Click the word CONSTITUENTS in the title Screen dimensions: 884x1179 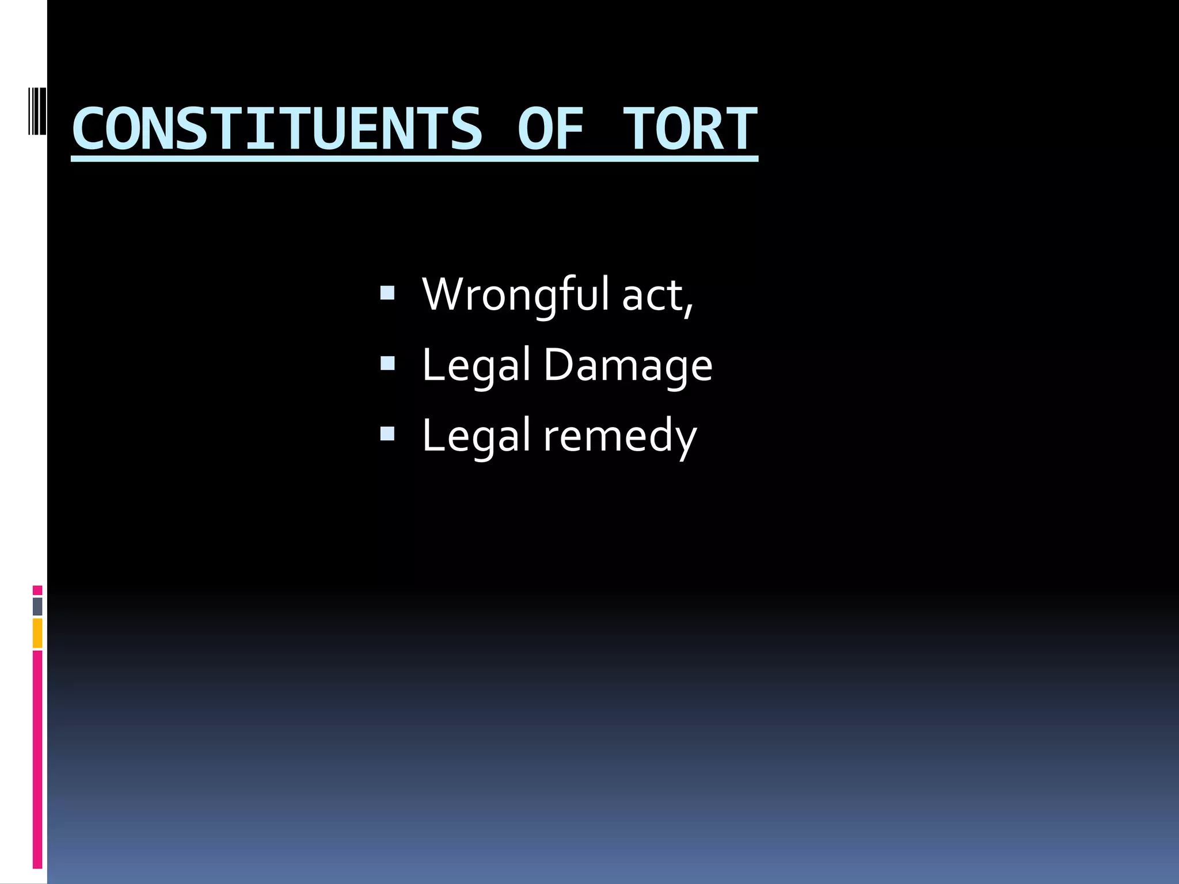coord(277,129)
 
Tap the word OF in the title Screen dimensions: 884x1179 coord(550,129)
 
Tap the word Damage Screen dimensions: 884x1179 coord(628,365)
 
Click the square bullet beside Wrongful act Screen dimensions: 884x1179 coord(387,294)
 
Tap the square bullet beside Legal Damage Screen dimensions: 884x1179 coord(387,364)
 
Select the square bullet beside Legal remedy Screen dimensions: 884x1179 coord(387,434)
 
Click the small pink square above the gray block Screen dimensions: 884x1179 coord(37,590)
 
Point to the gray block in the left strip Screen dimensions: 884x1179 coord(37,606)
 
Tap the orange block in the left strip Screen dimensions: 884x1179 coord(37,633)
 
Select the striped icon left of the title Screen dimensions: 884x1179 coord(37,110)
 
